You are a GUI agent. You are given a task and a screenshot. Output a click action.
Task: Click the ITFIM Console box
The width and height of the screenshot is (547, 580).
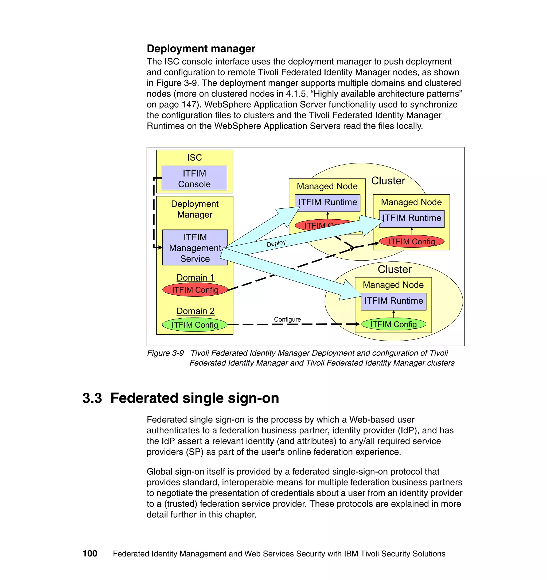194,178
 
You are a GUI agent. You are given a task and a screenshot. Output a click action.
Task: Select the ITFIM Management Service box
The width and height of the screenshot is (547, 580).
195,248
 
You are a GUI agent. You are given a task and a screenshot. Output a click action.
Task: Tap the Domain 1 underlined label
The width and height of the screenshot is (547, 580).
195,277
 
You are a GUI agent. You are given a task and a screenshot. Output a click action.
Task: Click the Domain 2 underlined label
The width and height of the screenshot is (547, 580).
195,311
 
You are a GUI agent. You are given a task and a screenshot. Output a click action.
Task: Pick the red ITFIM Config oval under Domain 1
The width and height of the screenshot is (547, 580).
195,290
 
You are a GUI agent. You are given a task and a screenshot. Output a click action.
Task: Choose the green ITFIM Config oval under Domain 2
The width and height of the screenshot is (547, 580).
194,325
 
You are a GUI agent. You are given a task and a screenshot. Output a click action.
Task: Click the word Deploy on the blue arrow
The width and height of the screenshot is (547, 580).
276,243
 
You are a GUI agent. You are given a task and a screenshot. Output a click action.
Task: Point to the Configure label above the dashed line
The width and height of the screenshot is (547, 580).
287,319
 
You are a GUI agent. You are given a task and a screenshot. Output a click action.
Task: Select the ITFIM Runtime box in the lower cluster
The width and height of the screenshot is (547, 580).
393,301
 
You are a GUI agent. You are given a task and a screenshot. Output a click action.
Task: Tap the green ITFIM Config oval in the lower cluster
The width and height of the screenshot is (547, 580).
393,324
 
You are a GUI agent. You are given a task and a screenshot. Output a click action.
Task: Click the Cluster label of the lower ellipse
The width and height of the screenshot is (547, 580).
394,269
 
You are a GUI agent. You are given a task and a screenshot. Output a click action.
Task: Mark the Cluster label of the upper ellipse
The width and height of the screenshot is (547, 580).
388,181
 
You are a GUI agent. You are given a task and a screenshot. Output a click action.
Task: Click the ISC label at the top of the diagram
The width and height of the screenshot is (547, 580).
194,158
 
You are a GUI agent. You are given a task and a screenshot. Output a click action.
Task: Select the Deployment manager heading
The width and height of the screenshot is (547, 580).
201,48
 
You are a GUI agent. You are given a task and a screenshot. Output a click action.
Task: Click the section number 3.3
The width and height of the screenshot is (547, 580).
92,398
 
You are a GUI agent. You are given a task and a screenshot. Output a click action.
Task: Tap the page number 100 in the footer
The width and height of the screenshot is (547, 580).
90,554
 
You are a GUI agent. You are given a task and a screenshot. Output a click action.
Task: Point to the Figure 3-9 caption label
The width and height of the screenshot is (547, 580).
165,353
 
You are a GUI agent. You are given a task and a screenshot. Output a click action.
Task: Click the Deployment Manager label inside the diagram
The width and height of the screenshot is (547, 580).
195,209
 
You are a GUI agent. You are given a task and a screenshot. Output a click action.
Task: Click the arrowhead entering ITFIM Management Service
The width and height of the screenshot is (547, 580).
160,248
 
